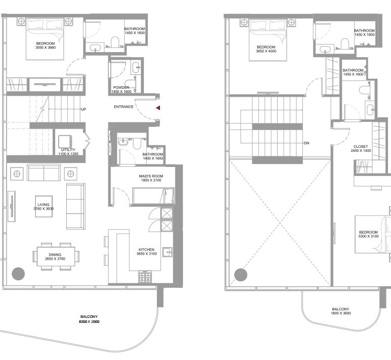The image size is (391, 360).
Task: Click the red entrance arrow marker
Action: tap(158, 108)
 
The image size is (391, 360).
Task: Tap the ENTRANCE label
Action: tap(124, 107)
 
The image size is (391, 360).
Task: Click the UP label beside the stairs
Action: tap(83, 109)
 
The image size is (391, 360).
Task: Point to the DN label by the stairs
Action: tap(306, 143)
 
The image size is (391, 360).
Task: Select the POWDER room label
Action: tap(121, 88)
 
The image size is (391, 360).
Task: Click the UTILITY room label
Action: tap(68, 150)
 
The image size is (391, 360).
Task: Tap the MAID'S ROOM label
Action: tap(151, 176)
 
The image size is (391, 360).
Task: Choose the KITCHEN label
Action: tap(146, 250)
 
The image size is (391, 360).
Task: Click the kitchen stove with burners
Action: tap(145, 277)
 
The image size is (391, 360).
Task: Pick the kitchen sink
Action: tap(167, 252)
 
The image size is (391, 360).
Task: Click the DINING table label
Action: tap(55, 255)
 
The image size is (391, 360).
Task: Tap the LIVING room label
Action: tap(44, 205)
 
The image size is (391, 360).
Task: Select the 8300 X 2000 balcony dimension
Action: tap(89, 321)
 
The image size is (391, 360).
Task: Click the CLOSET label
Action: tap(360, 146)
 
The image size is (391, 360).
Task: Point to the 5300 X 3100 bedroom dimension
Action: tap(368, 236)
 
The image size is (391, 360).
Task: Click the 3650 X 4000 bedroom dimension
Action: tap(266, 51)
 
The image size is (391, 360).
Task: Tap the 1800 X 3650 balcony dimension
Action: tap(341, 313)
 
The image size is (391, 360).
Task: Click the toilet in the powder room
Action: tap(130, 85)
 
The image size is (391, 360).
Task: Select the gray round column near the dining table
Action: tap(18, 274)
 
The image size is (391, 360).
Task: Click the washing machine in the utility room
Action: tap(65, 142)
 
